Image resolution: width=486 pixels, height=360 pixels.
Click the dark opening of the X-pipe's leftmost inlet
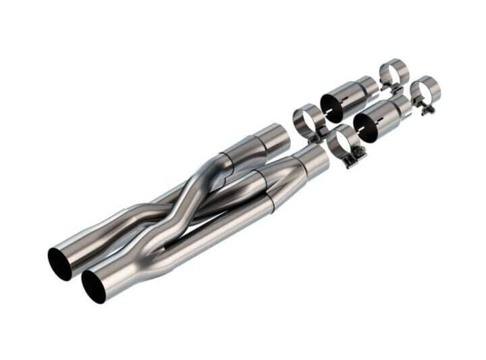(x=60, y=263)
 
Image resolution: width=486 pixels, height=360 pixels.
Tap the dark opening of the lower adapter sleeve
(x=365, y=126)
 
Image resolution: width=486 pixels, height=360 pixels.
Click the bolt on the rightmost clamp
(x=427, y=109)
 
